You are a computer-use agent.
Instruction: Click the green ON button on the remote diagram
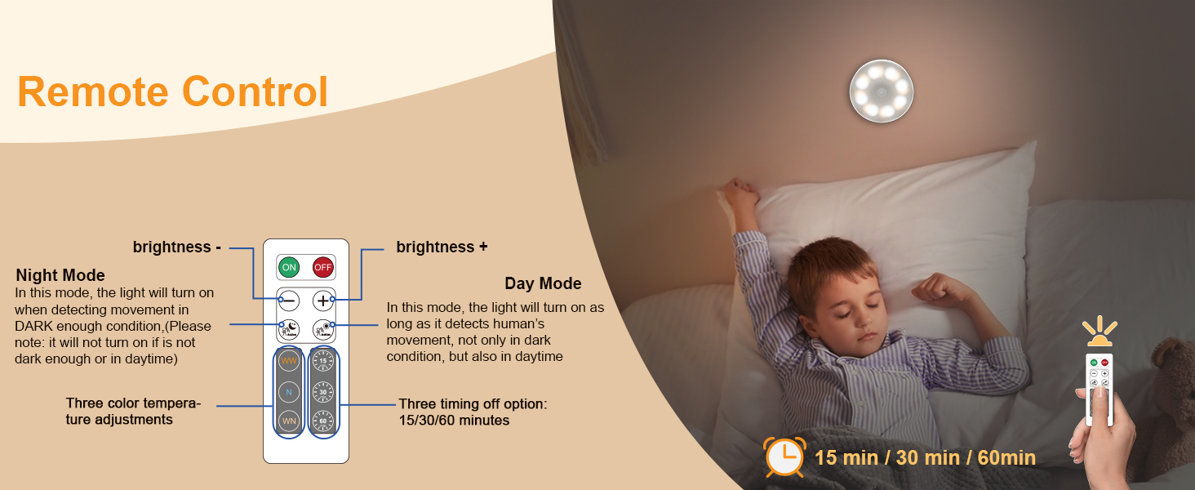click(288, 267)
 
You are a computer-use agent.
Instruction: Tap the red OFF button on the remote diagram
click(323, 267)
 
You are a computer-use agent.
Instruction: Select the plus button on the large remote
click(323, 301)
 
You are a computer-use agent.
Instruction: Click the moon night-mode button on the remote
click(289, 329)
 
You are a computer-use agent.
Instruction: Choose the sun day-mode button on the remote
click(323, 329)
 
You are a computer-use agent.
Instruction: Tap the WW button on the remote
click(289, 360)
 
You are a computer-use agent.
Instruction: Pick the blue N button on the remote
click(289, 391)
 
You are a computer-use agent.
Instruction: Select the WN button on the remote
click(289, 421)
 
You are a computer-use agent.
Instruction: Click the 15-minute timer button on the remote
click(323, 360)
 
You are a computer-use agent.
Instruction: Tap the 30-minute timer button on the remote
click(323, 391)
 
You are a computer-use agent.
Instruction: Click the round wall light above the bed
click(881, 91)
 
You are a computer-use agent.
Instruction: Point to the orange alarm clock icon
click(784, 457)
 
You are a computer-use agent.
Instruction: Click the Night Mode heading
click(60, 275)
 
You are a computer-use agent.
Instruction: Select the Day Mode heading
click(543, 283)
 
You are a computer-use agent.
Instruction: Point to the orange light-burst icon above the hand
click(1099, 332)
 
